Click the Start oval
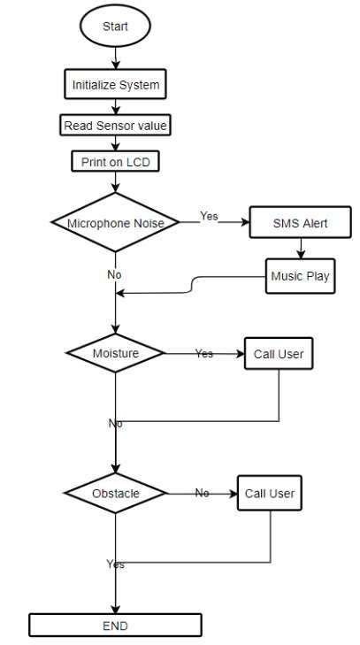[x=115, y=27]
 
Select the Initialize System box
[x=115, y=85]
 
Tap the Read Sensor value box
[x=115, y=126]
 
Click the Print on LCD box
[x=115, y=162]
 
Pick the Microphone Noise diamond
[x=115, y=223]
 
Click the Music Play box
[x=300, y=276]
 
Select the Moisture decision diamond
[x=115, y=353]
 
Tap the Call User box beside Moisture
[x=279, y=353]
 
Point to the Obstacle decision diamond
[x=115, y=493]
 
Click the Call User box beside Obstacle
[x=270, y=493]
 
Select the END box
[x=115, y=626]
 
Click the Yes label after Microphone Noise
[x=209, y=216]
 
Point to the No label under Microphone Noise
[x=114, y=274]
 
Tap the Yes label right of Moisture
[x=204, y=353]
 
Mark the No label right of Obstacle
[x=202, y=493]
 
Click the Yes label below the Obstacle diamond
[x=115, y=564]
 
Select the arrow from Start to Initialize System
[x=115, y=58]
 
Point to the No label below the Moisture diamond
[x=115, y=423]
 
